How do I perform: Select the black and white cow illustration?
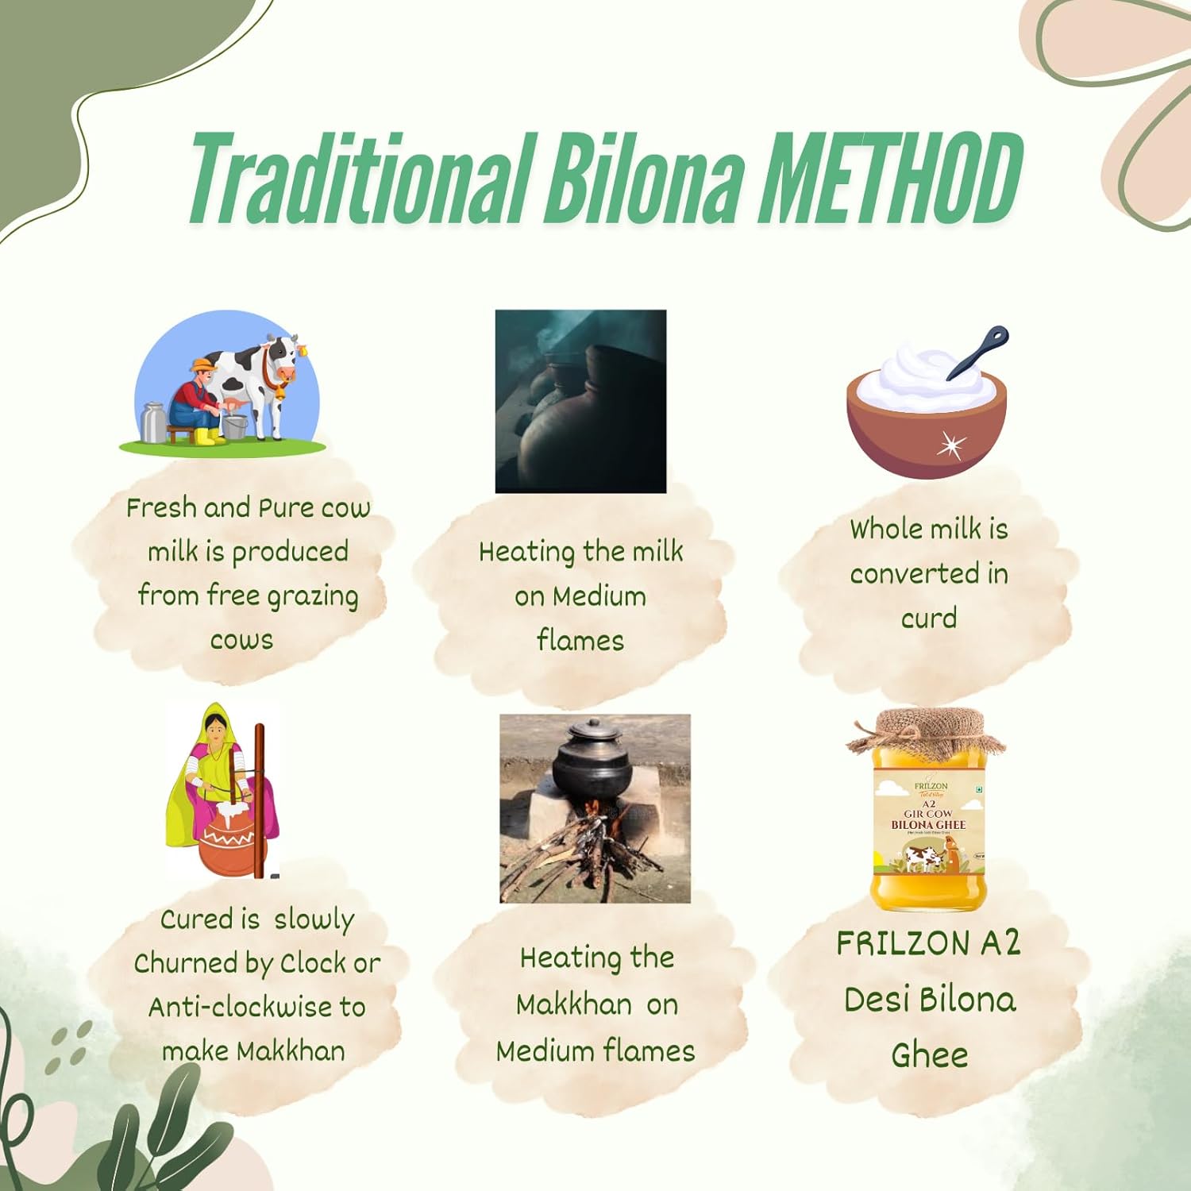[x=258, y=381]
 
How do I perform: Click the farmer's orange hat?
[x=202, y=365]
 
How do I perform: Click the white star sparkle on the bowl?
[x=949, y=445]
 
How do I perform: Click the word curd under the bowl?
[x=928, y=618]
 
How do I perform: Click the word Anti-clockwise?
[x=241, y=1007]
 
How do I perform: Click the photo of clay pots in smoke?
[x=580, y=401]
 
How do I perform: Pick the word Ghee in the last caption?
[x=929, y=1056]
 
